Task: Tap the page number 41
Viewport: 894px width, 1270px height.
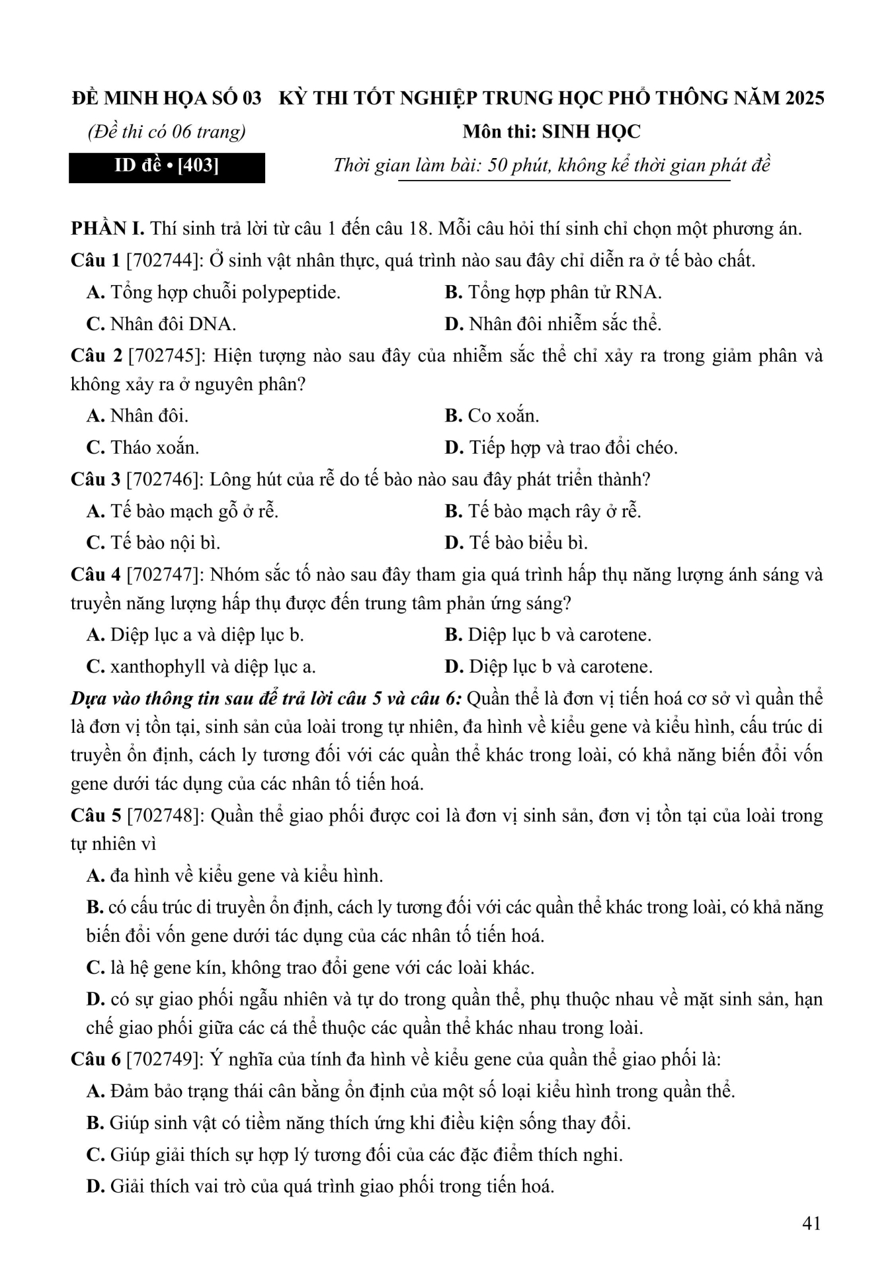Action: point(811,1223)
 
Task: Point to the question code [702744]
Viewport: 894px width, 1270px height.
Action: point(164,261)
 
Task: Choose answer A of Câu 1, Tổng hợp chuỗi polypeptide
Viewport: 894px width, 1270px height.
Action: point(214,292)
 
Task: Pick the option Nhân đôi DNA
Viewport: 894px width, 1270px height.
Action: point(161,324)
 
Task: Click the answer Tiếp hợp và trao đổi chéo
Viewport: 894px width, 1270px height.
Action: point(561,448)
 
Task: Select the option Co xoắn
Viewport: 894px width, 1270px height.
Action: point(492,416)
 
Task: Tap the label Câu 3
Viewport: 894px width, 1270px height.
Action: point(95,480)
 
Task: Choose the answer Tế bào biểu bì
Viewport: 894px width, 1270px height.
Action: point(516,543)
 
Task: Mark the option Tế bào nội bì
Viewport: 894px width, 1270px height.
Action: point(153,543)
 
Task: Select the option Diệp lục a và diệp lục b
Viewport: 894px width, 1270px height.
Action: point(195,635)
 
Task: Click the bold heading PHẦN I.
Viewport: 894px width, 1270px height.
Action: point(107,229)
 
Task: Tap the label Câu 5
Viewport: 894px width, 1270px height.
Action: point(95,816)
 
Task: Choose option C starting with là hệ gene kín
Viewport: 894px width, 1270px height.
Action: point(310,968)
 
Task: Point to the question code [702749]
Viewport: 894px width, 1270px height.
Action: point(164,1060)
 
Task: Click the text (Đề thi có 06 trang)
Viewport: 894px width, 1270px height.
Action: point(166,132)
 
